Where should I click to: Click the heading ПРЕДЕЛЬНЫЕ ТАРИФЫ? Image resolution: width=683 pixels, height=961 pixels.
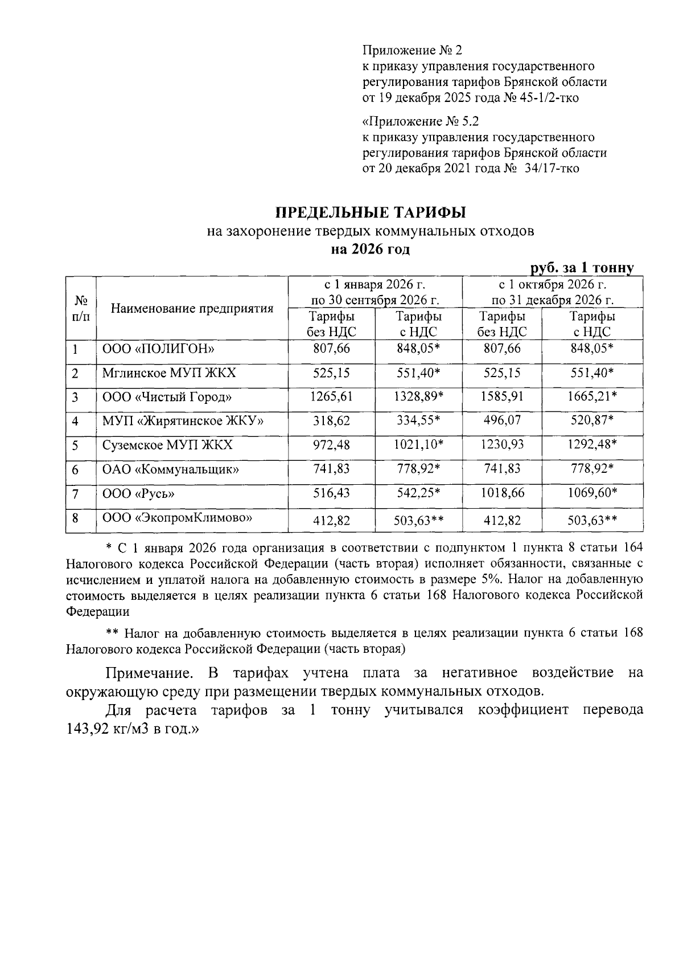click(x=371, y=213)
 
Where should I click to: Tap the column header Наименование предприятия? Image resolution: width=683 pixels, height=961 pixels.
click(x=192, y=309)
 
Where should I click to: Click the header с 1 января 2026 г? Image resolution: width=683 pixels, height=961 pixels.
click(x=375, y=284)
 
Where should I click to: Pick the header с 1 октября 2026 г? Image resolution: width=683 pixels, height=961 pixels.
click(x=552, y=284)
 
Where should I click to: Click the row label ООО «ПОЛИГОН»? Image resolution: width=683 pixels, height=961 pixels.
click(x=151, y=349)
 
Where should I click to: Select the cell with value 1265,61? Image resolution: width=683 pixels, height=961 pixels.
click(x=331, y=396)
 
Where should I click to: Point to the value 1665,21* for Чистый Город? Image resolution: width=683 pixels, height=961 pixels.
click(x=592, y=396)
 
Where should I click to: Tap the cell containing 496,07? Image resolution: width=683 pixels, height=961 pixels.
click(x=501, y=421)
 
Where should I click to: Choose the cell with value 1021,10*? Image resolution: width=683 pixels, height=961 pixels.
click(x=419, y=445)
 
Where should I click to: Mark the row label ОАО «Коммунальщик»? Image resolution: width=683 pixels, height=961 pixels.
click(x=170, y=469)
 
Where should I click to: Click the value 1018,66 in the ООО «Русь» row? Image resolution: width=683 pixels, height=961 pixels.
click(x=501, y=493)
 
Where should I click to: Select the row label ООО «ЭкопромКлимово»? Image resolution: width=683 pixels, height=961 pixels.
click(x=177, y=518)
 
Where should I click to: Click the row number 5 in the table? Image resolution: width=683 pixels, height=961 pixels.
click(x=75, y=445)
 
